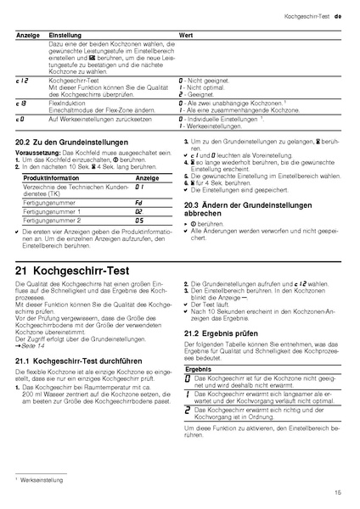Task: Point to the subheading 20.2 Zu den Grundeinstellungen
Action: coord(61,144)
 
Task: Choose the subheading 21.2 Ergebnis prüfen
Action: coord(218,333)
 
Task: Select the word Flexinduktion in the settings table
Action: coord(68,103)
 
